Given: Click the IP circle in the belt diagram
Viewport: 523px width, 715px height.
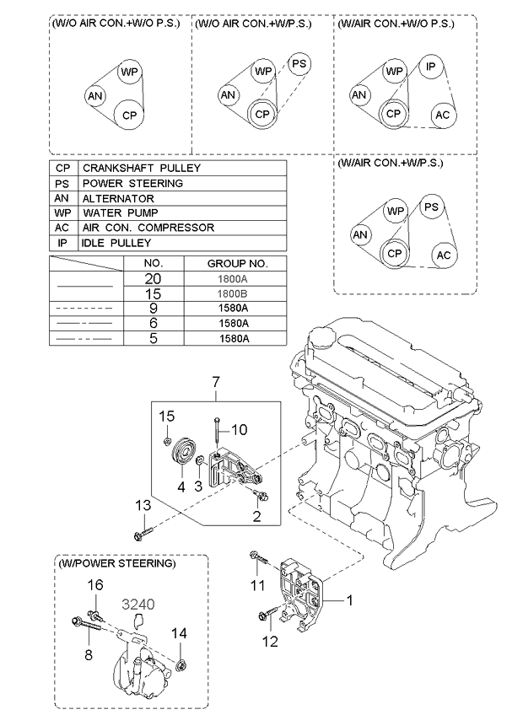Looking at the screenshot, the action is tap(431, 67).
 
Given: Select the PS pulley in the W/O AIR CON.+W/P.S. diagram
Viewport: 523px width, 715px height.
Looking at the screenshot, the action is tap(299, 63).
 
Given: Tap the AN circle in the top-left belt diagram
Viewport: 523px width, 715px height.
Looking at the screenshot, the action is tap(95, 96).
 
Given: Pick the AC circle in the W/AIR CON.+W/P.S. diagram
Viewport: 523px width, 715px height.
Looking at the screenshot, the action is tap(444, 255).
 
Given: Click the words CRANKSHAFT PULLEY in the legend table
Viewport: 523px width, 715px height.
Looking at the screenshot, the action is tap(142, 169).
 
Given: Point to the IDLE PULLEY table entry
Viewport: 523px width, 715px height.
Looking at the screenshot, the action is tap(116, 243).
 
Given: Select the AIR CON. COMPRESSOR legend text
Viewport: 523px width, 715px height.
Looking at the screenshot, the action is tap(148, 228).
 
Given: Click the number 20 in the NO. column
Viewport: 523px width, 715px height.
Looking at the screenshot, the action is tap(153, 278).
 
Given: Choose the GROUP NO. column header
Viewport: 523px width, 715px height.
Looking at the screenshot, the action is tap(237, 264).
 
